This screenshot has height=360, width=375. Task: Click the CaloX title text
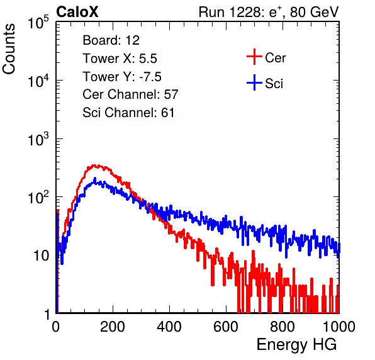pyautogui.click(x=77, y=12)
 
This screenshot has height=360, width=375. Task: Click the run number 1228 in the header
pyautogui.click(x=245, y=12)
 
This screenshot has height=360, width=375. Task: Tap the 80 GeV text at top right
pyautogui.click(x=314, y=12)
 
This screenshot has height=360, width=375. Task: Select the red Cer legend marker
pyautogui.click(x=254, y=57)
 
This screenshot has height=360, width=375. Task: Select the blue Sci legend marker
pyautogui.click(x=254, y=82)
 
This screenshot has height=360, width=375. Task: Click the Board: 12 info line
pyautogui.click(x=111, y=40)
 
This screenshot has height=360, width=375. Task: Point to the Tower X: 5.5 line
pyautogui.click(x=120, y=59)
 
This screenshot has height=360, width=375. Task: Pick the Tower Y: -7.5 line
pyautogui.click(x=122, y=77)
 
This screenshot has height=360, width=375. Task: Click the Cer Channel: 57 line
pyautogui.click(x=130, y=94)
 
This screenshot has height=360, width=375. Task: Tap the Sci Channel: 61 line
pyautogui.click(x=128, y=113)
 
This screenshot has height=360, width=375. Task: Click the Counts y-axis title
pyautogui.click(x=9, y=48)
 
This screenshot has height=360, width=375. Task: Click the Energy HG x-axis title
pyautogui.click(x=296, y=345)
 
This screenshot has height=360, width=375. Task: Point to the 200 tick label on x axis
pyautogui.click(x=113, y=327)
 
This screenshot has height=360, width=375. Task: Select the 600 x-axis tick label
pyautogui.click(x=226, y=327)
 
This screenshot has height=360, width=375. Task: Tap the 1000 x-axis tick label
pyautogui.click(x=339, y=327)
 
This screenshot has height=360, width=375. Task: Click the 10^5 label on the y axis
pyautogui.click(x=38, y=23)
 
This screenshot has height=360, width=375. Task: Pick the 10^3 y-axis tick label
pyautogui.click(x=38, y=139)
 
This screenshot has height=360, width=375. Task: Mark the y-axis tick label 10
pyautogui.click(x=41, y=256)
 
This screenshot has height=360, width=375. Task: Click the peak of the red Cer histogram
pyautogui.click(x=94, y=166)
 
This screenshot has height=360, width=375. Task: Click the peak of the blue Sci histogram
pyautogui.click(x=95, y=179)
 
